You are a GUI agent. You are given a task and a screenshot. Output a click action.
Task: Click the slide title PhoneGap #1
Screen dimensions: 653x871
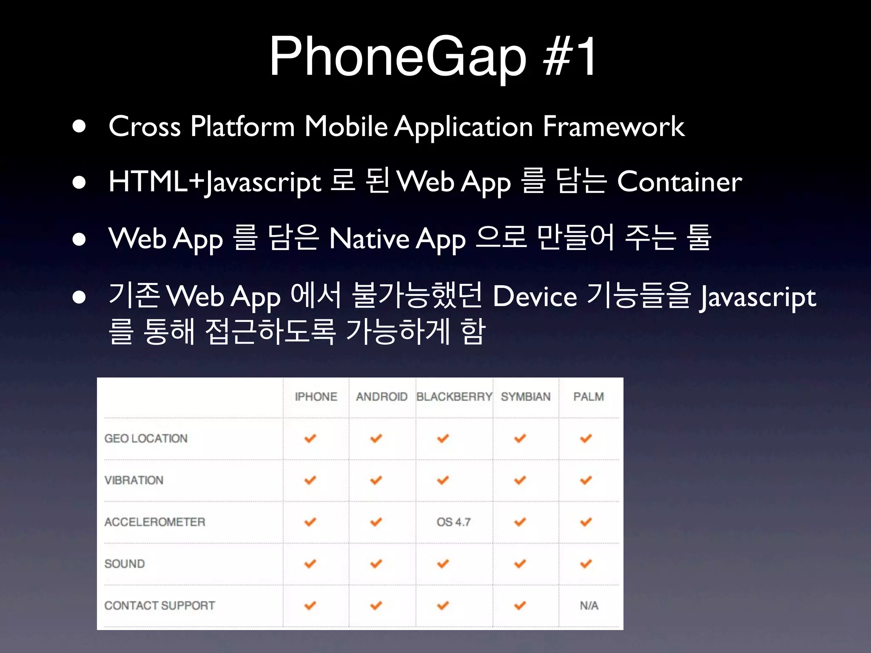coord(433,56)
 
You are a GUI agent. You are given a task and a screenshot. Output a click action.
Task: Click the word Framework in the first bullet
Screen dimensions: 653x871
coord(613,126)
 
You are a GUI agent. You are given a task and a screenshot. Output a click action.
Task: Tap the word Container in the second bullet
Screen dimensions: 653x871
coord(679,182)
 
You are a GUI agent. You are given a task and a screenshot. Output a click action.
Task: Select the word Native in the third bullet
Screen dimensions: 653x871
coord(369,238)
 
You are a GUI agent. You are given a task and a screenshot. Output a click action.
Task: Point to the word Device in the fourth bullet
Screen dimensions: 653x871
coord(535,296)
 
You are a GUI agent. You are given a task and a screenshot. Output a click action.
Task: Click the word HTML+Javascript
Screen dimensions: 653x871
coord(215,182)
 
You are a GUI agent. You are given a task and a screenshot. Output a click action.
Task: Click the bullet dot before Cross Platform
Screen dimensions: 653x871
coord(79,126)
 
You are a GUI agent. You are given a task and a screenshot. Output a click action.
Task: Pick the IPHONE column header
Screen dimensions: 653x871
coord(316,397)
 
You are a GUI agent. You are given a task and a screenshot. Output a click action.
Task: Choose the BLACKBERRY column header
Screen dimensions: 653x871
coord(454,397)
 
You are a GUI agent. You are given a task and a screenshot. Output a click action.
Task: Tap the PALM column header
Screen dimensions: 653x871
coord(589,397)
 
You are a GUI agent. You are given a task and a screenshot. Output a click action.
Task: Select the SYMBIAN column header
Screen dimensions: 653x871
coord(526,397)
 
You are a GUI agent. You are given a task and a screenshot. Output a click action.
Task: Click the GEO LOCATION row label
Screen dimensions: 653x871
coord(146,438)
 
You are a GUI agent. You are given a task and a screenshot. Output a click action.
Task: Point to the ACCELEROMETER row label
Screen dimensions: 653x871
coord(155,522)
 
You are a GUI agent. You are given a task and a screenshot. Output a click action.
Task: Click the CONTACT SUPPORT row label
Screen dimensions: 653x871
coord(159,605)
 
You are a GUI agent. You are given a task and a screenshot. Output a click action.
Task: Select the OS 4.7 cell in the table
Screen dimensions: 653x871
coord(453,522)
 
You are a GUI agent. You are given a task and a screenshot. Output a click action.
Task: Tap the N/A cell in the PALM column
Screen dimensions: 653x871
coord(589,605)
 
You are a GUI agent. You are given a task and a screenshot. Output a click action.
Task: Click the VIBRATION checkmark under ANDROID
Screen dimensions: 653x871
coord(376,480)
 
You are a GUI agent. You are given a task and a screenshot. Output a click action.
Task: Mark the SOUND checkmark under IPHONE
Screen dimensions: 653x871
coord(310,564)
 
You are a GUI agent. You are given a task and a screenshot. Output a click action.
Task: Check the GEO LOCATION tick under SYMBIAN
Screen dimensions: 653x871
coord(520,438)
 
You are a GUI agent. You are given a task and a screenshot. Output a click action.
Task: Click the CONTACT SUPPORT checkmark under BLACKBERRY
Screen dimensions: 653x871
coord(443,605)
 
